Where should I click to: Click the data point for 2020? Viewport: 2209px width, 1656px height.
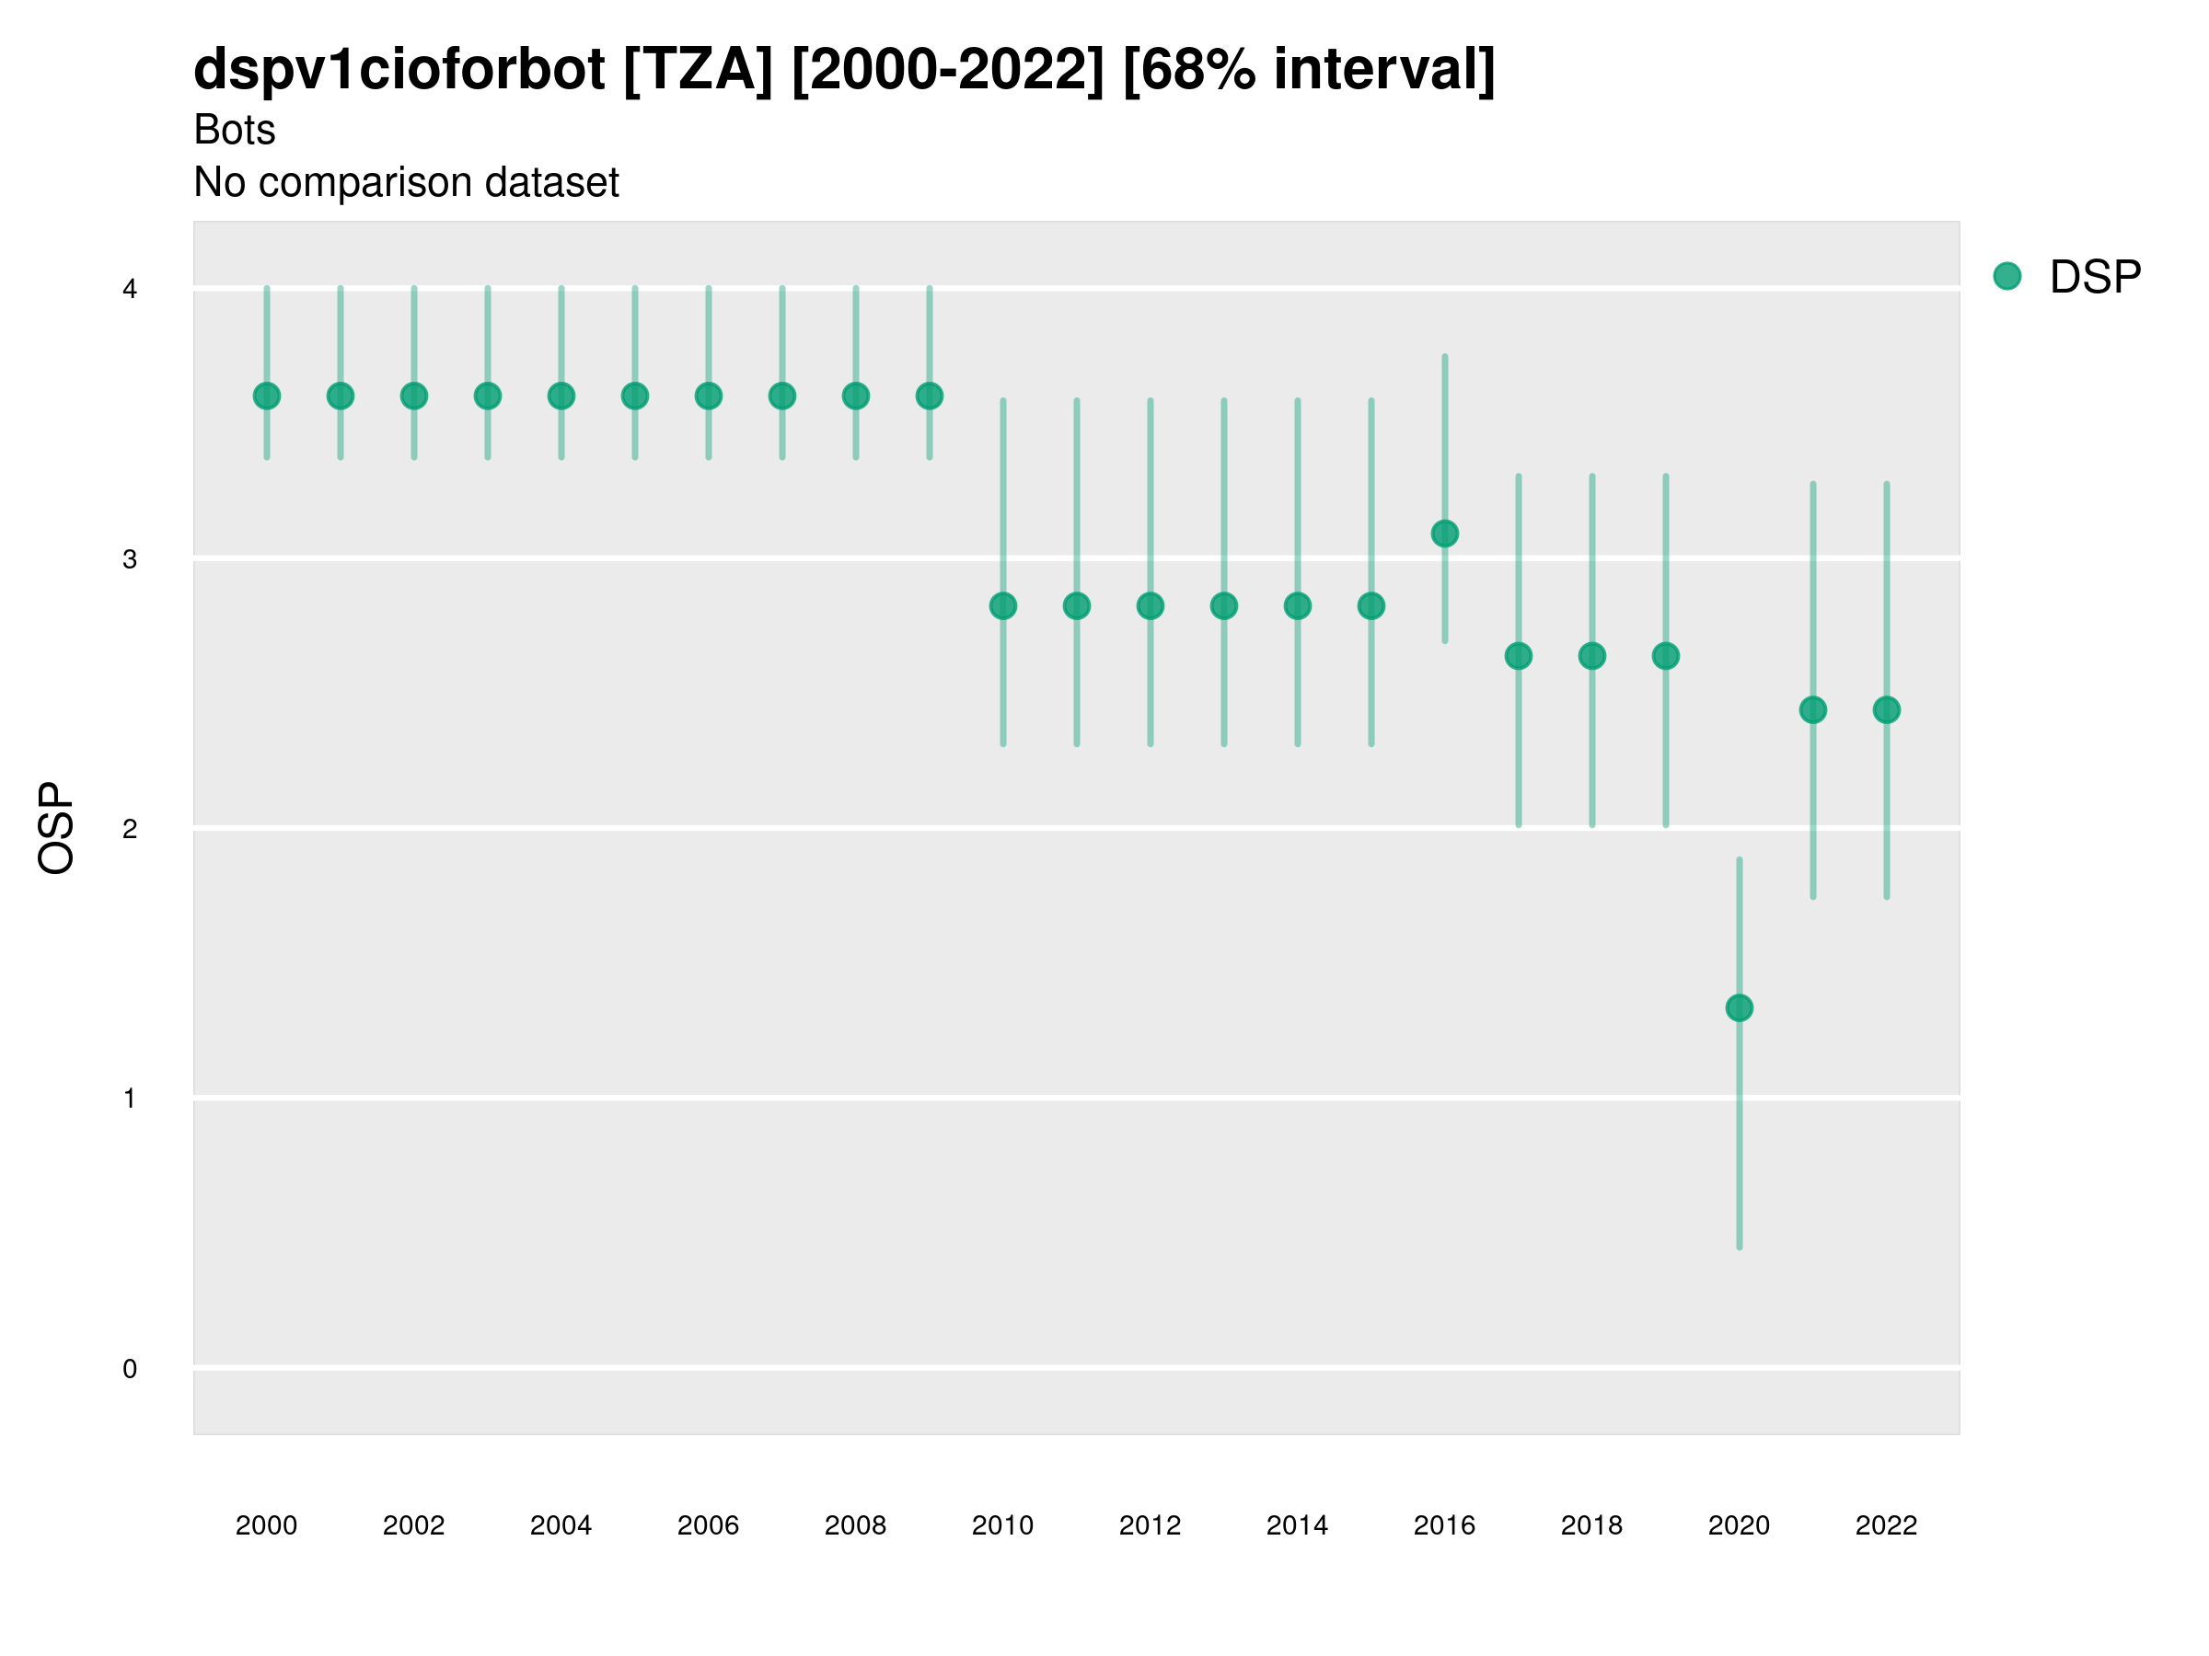tap(1739, 1008)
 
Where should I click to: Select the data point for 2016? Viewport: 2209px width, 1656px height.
tap(1444, 534)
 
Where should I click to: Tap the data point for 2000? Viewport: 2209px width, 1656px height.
tap(267, 397)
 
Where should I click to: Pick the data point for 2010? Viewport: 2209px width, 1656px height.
tap(1002, 606)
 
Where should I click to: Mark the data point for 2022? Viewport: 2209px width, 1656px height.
tap(1887, 709)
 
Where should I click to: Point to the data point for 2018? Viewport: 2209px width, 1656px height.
tap(1591, 656)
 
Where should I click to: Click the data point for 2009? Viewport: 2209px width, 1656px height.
tap(929, 397)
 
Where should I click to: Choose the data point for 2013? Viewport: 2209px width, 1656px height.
tap(1223, 606)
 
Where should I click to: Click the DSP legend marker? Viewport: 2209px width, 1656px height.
tap(2007, 277)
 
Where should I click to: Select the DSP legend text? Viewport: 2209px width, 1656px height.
tap(2095, 277)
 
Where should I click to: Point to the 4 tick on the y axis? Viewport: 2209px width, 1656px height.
tap(130, 290)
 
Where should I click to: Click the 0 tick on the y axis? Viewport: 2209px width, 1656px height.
tap(130, 1369)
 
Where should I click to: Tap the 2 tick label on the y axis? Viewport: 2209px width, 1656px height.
tap(130, 829)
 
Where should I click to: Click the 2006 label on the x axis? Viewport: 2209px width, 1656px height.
tap(708, 1525)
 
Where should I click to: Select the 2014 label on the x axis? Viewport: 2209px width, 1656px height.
tap(1297, 1525)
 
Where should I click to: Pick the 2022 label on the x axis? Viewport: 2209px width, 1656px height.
tap(1887, 1525)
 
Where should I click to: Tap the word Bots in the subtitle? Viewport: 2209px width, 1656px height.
tap(235, 130)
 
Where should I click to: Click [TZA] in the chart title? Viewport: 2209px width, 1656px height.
tap(698, 69)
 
